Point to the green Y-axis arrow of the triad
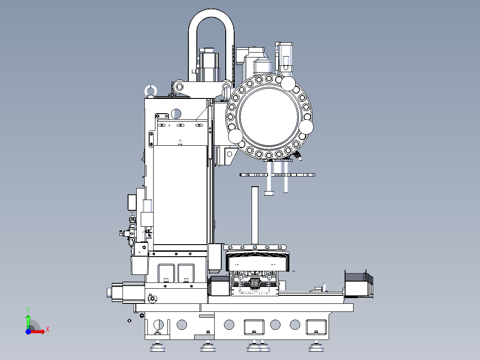click(28, 320)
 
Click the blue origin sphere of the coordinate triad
click(28, 331)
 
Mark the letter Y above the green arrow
click(28, 309)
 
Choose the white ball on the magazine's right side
click(306, 127)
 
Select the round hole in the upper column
click(176, 113)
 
